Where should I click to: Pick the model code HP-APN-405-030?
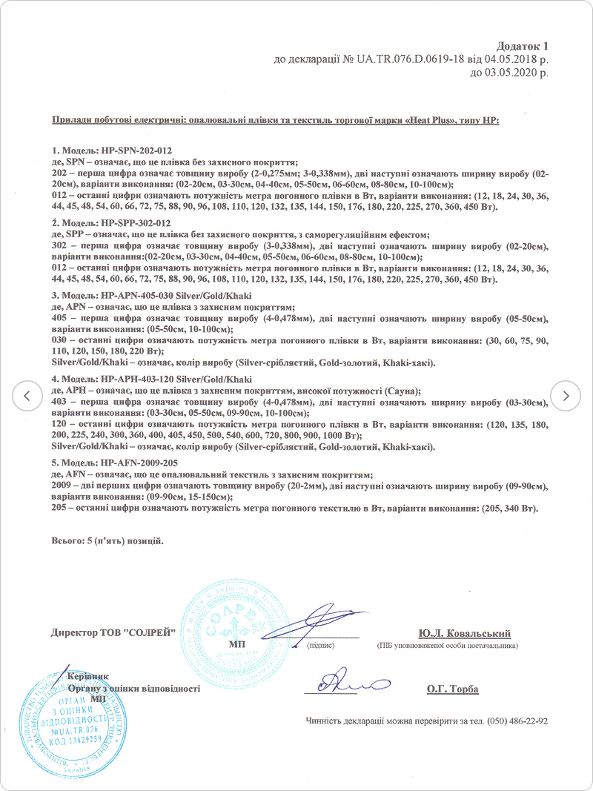pos(130,296)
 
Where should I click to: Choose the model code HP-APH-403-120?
pos(130,379)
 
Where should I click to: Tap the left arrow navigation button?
pos(27,395)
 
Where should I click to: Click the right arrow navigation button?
pos(566,395)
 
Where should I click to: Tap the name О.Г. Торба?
pos(452,689)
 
